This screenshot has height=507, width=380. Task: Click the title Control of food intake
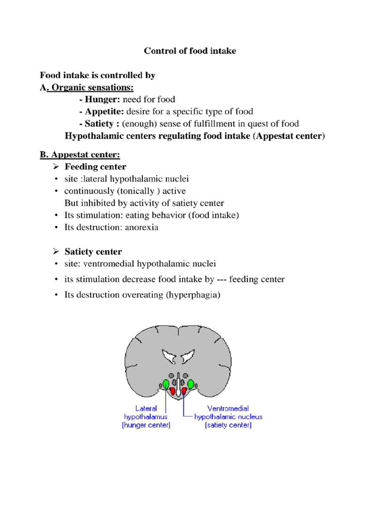point(190,51)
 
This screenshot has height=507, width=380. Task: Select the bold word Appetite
point(98,111)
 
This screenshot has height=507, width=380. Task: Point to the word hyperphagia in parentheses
point(193,295)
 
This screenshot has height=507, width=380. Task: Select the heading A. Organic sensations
point(87,88)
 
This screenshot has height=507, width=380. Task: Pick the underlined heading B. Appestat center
point(80,155)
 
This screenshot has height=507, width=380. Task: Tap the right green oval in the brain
point(190,384)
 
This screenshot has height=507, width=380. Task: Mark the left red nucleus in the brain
point(173,391)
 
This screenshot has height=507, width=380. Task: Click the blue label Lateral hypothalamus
point(146,416)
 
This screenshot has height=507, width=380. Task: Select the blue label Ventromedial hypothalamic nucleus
point(228,416)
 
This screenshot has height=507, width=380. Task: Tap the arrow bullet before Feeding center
point(56,167)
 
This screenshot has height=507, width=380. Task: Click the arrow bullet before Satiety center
point(56,252)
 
